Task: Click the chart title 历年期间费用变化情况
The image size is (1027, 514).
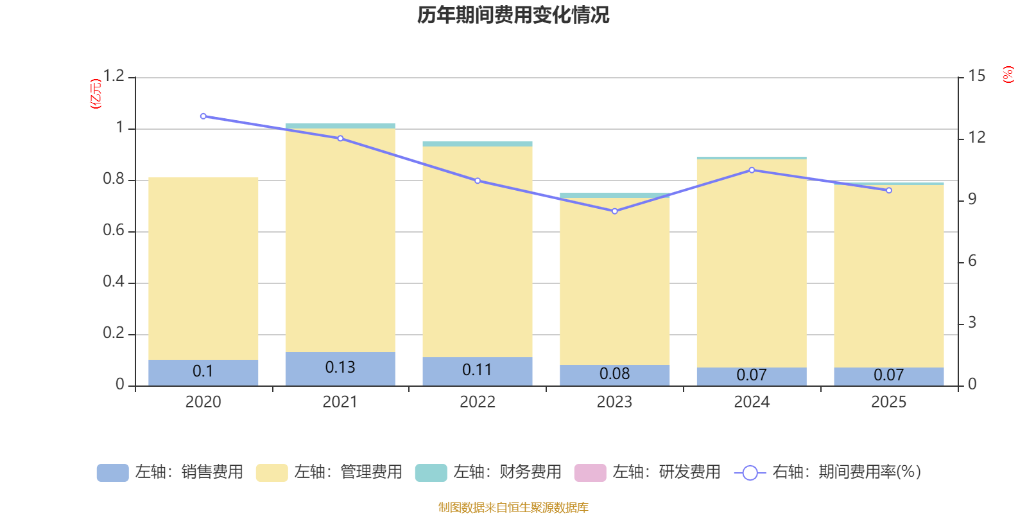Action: point(513,15)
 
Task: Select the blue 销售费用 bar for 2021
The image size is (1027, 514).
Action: point(340,369)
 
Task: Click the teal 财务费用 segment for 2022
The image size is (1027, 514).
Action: point(477,144)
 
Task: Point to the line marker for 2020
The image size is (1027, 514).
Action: point(203,116)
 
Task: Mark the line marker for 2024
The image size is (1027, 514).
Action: point(752,170)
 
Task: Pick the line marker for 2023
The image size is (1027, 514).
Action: point(614,211)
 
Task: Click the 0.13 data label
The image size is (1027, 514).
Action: point(340,368)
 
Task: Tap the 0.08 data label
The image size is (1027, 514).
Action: point(614,374)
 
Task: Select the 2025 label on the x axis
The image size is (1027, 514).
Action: point(888,402)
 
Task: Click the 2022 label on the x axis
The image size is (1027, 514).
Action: point(477,402)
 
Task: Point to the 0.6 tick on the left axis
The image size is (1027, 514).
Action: point(114,231)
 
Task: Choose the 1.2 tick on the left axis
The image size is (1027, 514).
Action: point(114,76)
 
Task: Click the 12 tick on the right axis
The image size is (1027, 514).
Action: point(977,137)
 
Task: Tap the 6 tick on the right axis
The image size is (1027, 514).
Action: point(972,261)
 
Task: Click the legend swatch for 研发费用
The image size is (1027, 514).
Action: point(590,472)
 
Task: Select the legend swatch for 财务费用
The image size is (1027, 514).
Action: point(431,472)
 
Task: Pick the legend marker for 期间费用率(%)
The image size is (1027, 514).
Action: point(750,473)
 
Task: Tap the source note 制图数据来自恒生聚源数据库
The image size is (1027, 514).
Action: point(513,508)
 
